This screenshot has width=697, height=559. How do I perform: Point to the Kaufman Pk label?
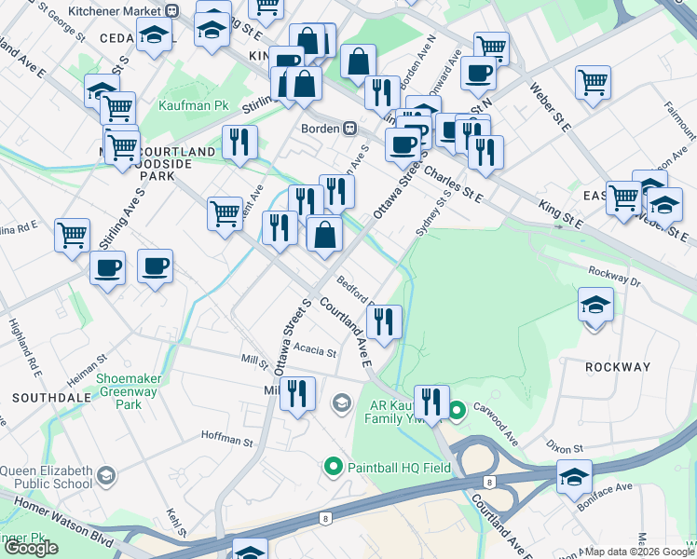coord(194,106)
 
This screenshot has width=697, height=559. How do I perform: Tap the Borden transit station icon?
coord(350,128)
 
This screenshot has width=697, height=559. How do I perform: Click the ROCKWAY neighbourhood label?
coord(617,367)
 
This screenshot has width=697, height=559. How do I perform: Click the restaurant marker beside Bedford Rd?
coord(384,321)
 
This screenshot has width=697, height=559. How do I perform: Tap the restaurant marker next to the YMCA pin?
coord(430,402)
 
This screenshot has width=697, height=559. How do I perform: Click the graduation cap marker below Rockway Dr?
coord(595,306)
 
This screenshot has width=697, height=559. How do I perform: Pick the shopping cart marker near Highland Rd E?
coord(72,235)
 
